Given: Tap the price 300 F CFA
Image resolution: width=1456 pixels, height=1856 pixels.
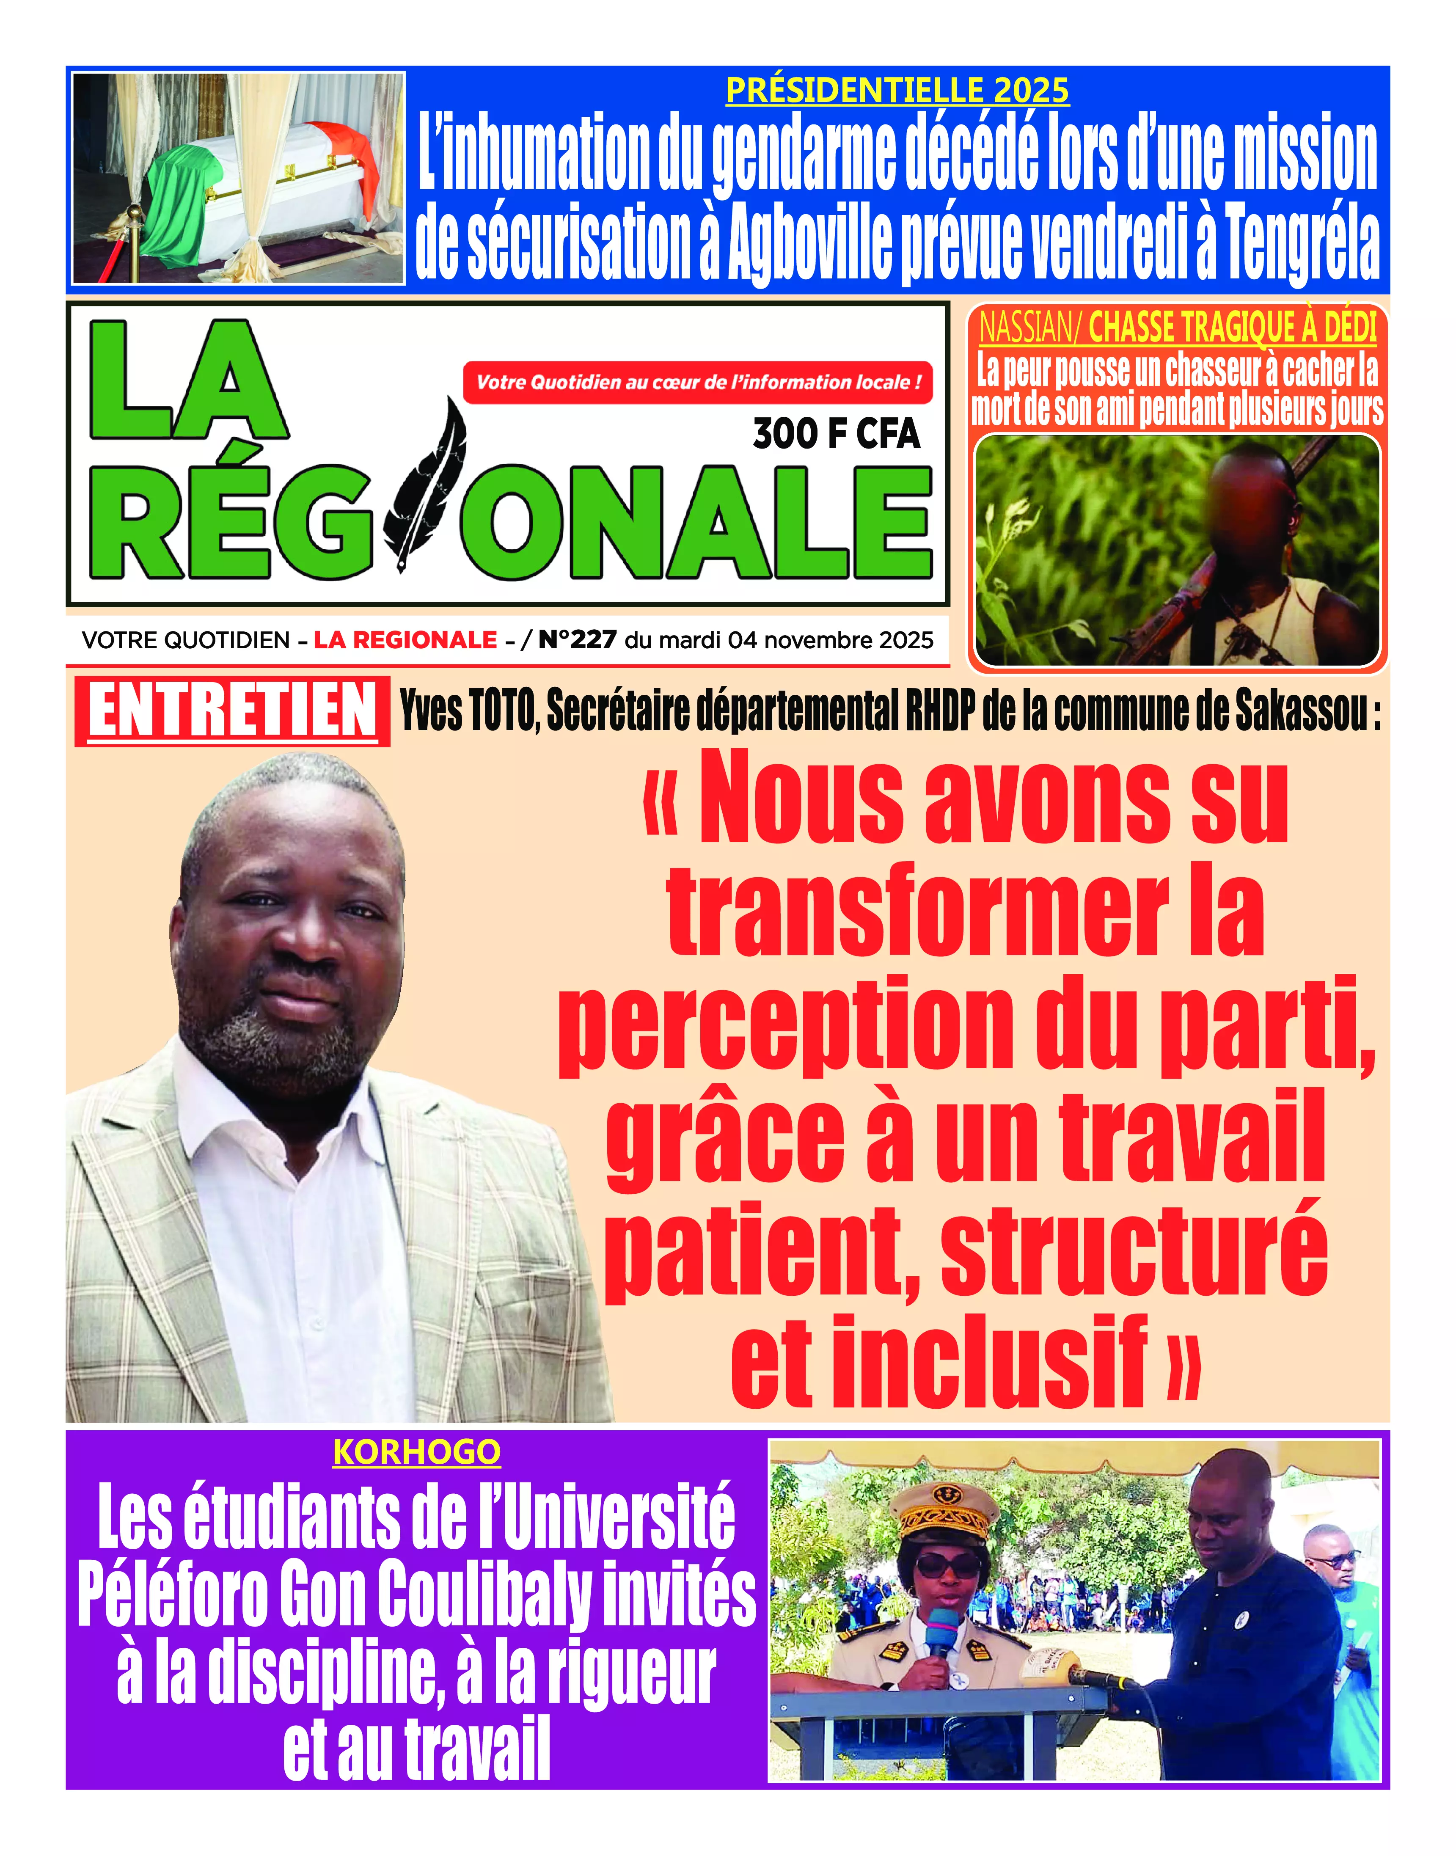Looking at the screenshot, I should pyautogui.click(x=836, y=434).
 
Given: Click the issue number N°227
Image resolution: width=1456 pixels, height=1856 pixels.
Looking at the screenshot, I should pyautogui.click(x=577, y=639).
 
